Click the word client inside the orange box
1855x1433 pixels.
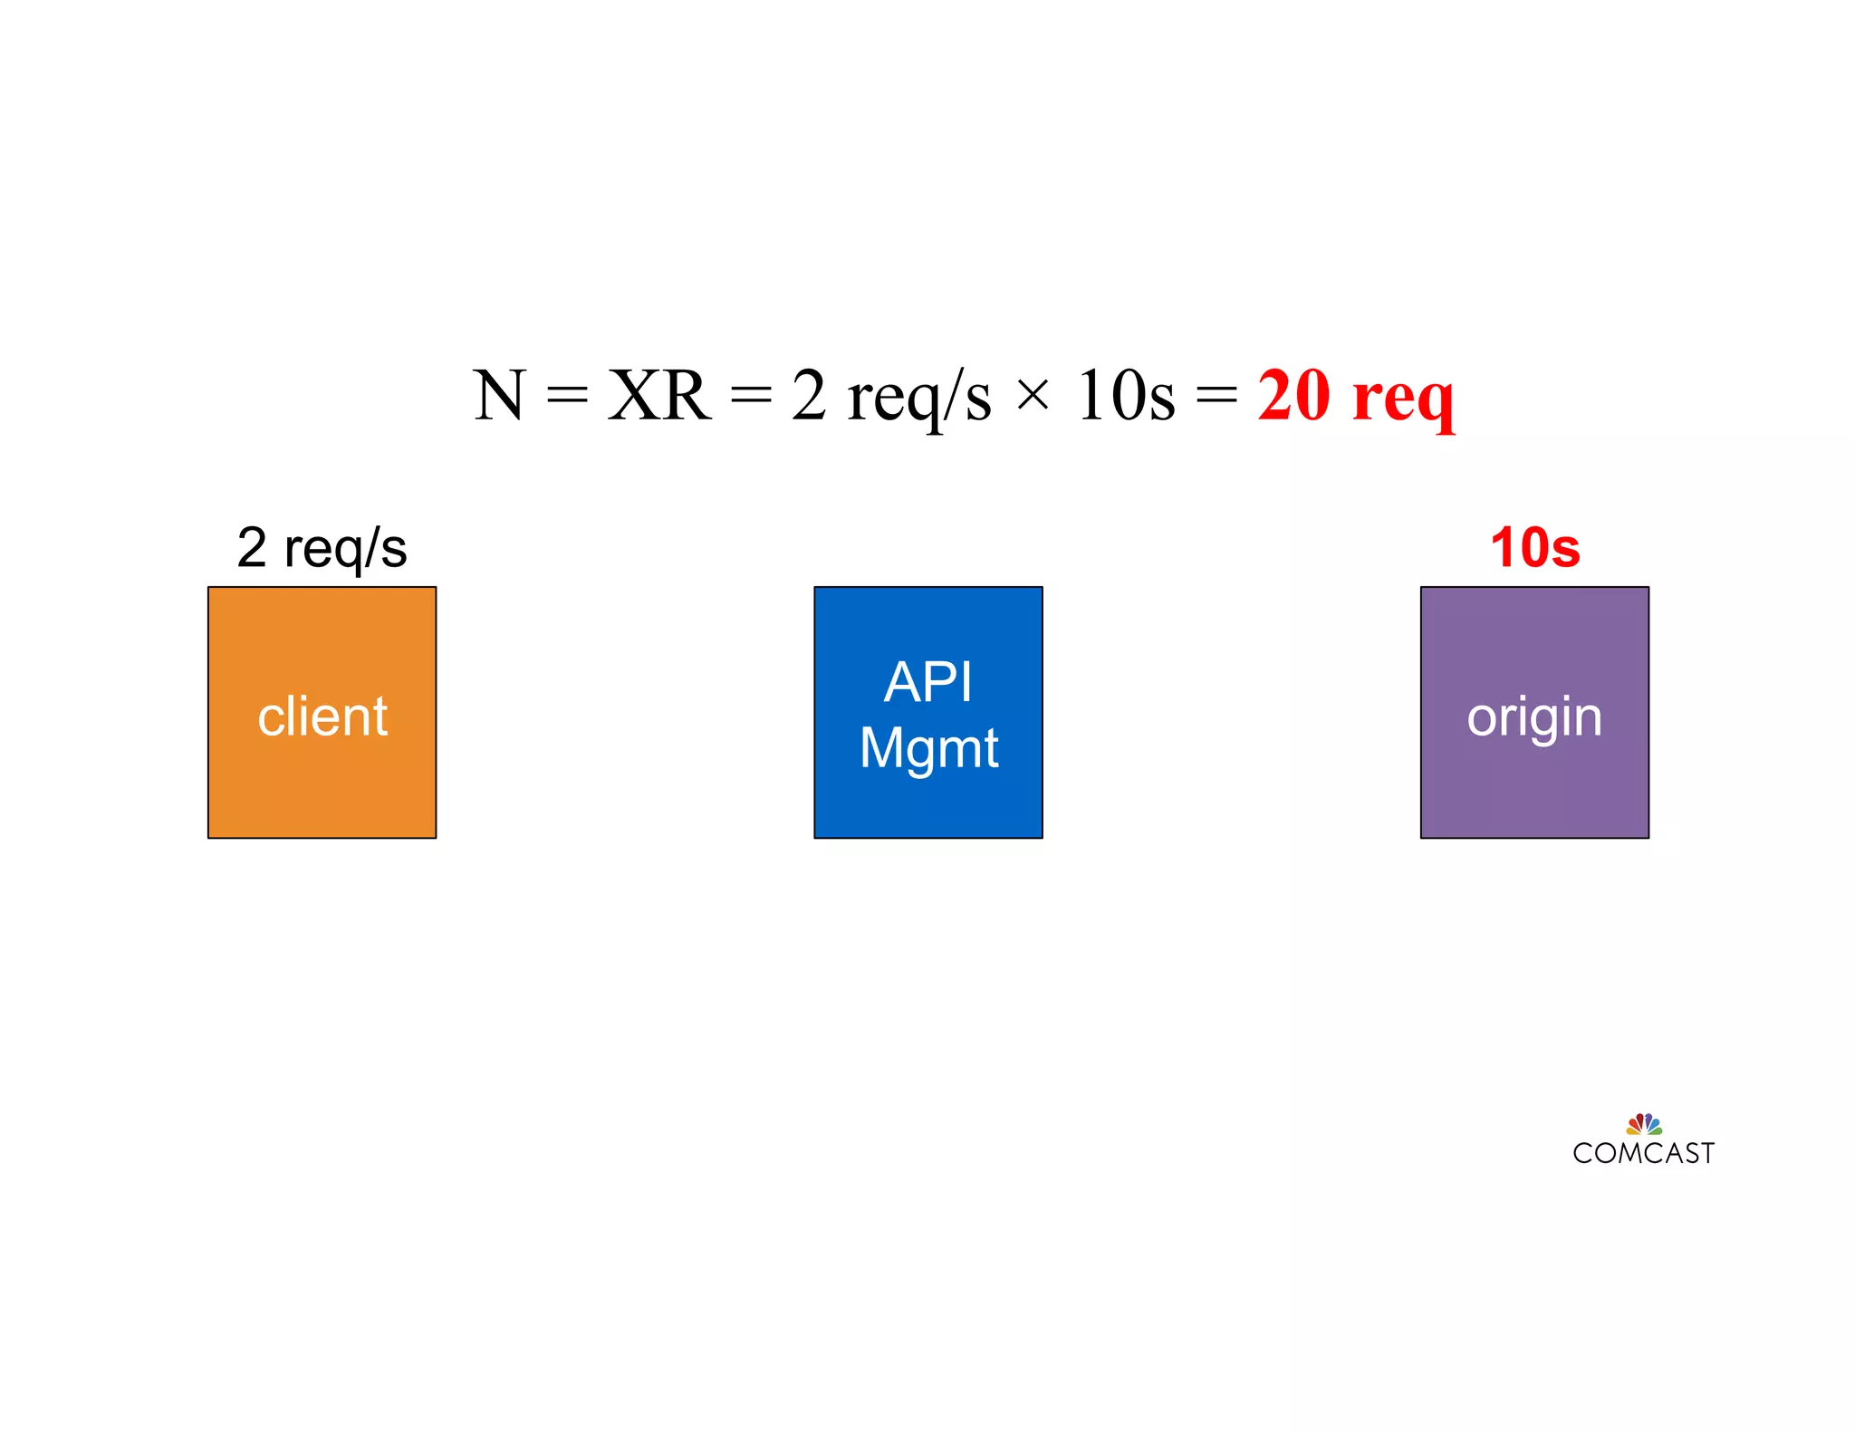coord(322,716)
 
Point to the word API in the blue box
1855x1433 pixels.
coord(928,681)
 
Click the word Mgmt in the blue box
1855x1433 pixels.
coord(928,748)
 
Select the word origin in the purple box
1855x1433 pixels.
coord(1534,718)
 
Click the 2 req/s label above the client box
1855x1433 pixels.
coord(322,548)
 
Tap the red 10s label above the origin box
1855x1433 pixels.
coord(1534,548)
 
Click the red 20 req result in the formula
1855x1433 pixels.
coord(1356,397)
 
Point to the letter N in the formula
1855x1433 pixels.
coord(498,396)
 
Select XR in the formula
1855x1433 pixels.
coord(658,396)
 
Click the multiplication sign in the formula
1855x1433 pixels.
coord(1033,396)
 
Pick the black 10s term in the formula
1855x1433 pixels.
coord(1126,396)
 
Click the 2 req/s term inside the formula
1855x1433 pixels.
coord(891,398)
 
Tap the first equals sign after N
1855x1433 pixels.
coord(568,396)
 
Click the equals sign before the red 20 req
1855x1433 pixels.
coord(1216,396)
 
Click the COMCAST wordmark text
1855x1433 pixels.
coord(1643,1153)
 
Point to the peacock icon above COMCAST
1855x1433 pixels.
coord(1644,1124)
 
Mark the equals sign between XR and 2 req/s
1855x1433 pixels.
coord(751,396)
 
